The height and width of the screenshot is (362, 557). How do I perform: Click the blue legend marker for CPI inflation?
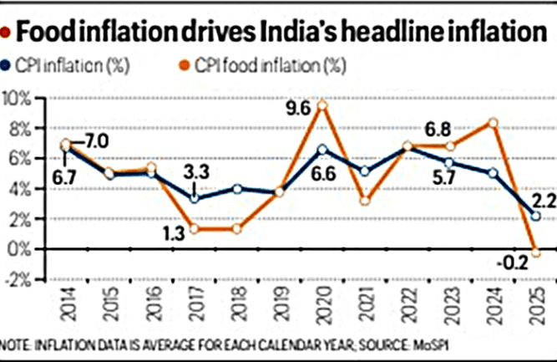point(8,64)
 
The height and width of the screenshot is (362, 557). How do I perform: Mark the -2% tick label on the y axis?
point(18,279)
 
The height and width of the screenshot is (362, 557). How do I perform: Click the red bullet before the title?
point(8,33)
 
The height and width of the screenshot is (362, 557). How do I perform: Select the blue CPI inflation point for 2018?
point(238,189)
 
